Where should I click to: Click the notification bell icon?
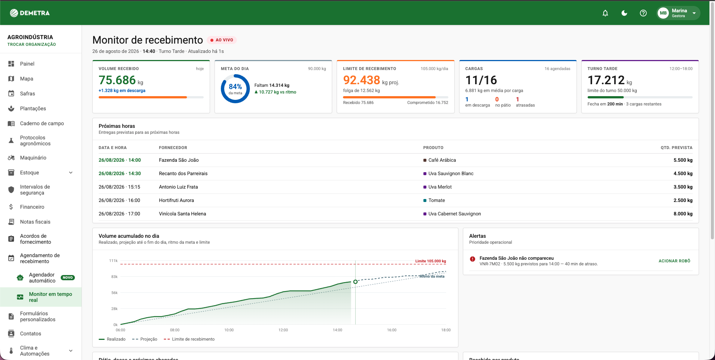click(x=605, y=13)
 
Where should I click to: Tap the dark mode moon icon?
click(x=624, y=13)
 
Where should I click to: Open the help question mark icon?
click(x=643, y=13)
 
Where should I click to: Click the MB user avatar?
click(x=663, y=13)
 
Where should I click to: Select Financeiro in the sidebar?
click(x=32, y=207)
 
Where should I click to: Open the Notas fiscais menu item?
click(x=35, y=222)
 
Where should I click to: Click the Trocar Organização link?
click(x=32, y=44)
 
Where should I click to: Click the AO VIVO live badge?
click(x=222, y=40)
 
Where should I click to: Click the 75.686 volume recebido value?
click(x=117, y=80)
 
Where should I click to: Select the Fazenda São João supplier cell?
click(x=179, y=160)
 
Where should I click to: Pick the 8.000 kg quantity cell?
click(x=683, y=214)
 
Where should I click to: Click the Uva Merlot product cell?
click(x=440, y=187)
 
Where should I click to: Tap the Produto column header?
click(x=433, y=148)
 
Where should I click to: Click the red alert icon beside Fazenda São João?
click(x=473, y=259)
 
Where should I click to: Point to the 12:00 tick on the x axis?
click(x=283, y=330)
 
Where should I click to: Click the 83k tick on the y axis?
click(x=114, y=277)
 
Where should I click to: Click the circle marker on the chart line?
click(x=355, y=282)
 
